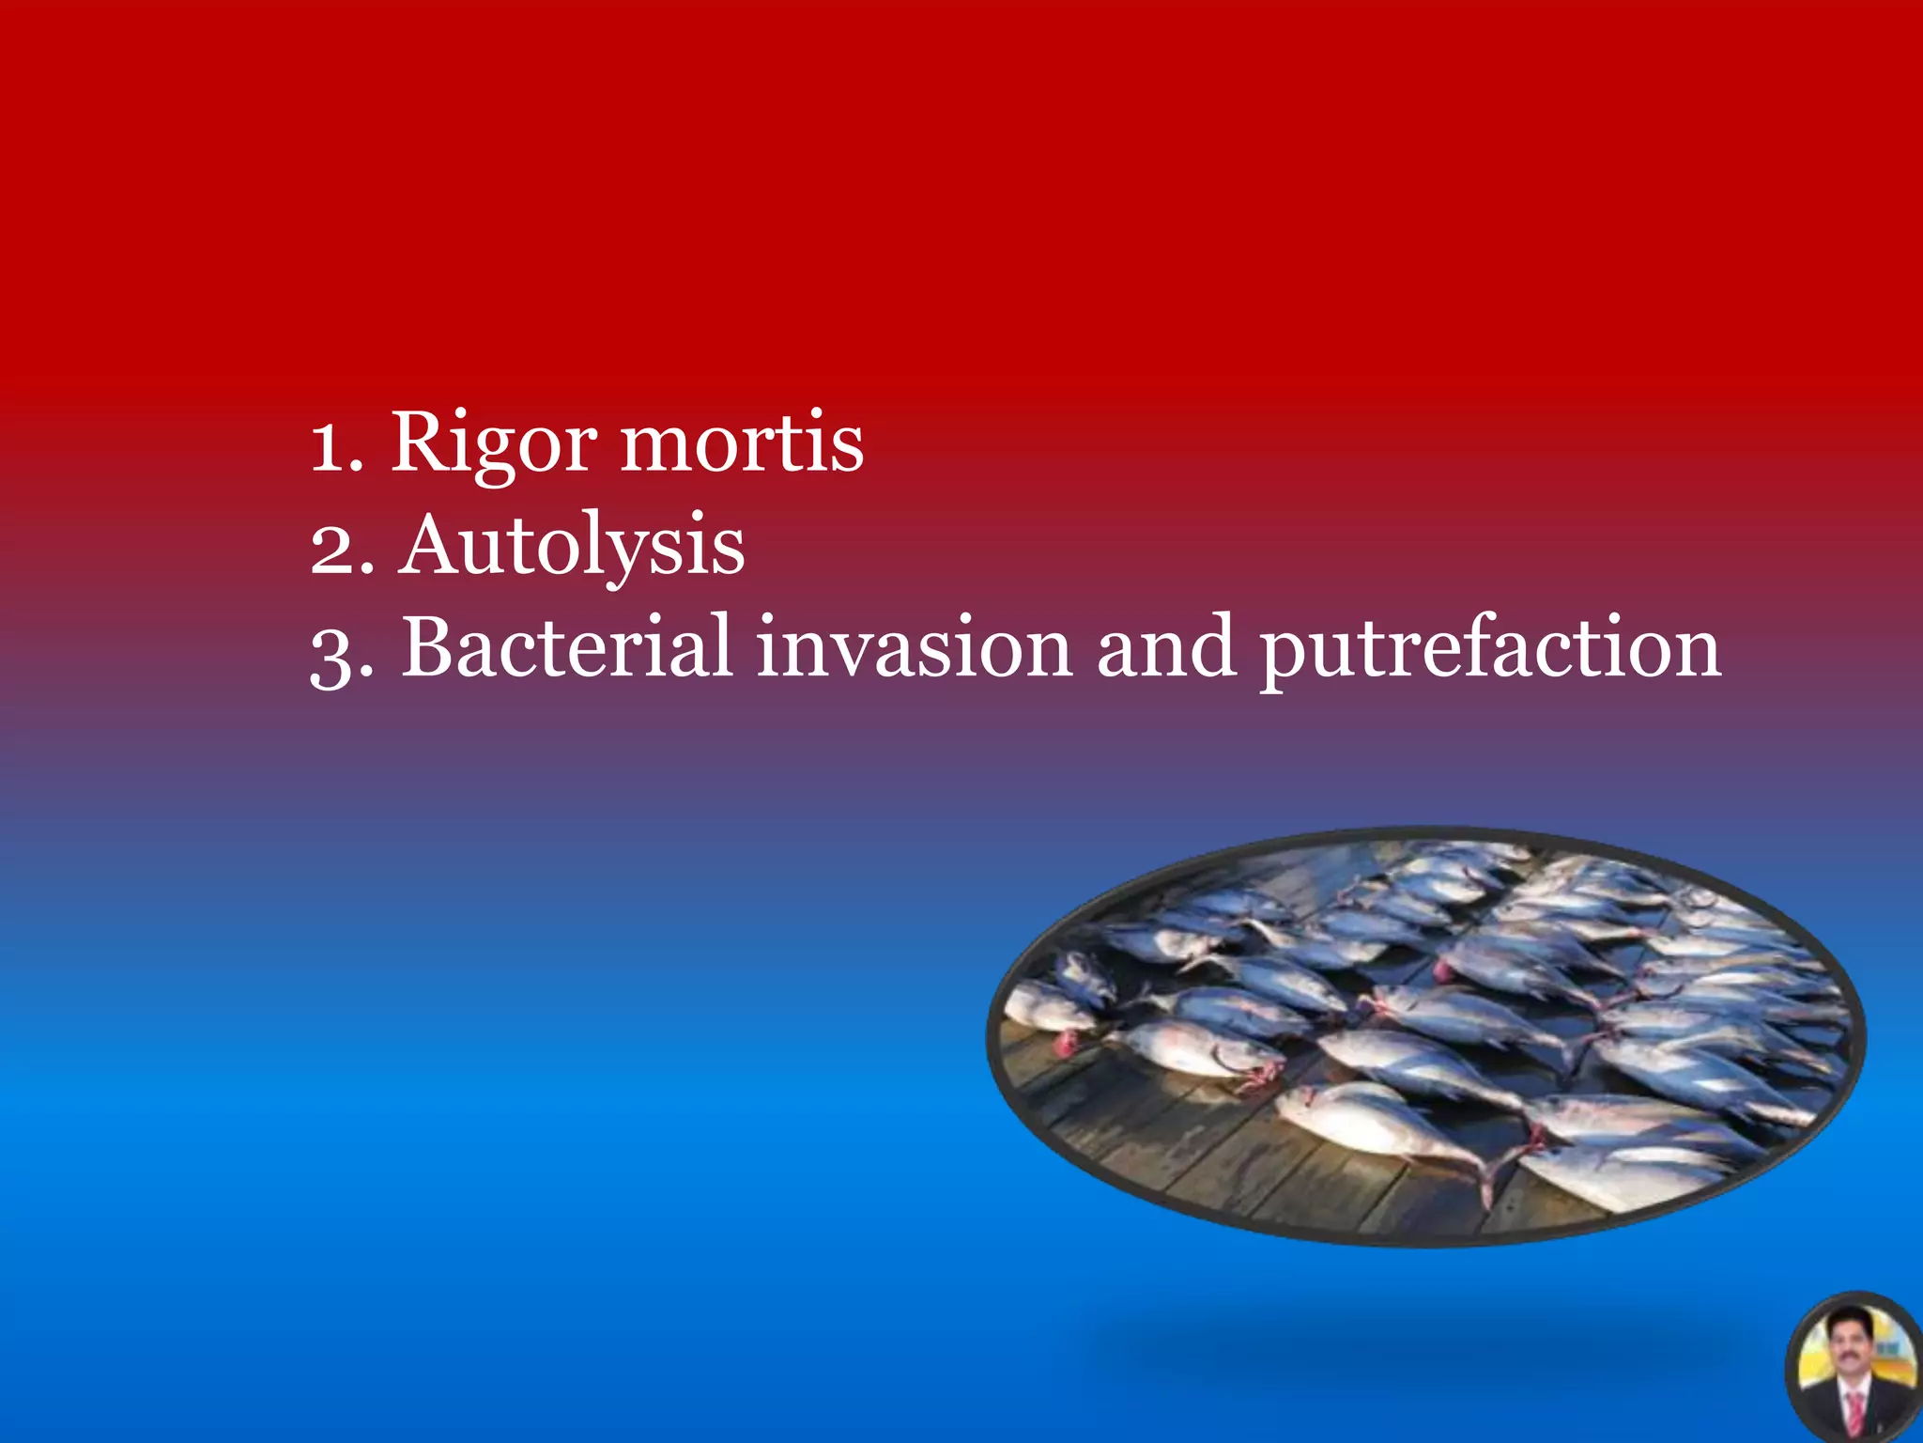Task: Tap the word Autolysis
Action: click(572, 547)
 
